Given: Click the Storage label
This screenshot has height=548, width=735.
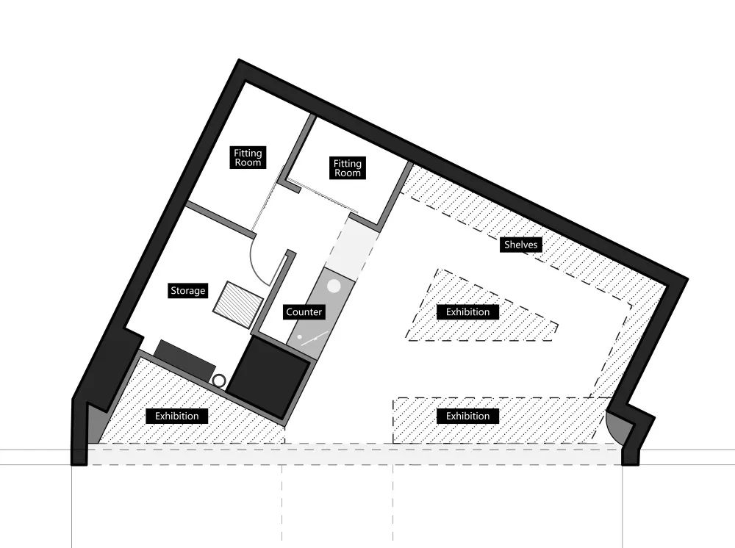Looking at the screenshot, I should [x=187, y=291].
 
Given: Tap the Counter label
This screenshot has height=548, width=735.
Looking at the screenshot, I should [x=304, y=312].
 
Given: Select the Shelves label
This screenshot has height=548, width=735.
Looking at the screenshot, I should [x=521, y=245].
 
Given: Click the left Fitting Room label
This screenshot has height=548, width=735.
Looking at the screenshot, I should [x=248, y=158].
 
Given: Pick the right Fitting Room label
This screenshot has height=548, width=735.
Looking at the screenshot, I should [x=348, y=168].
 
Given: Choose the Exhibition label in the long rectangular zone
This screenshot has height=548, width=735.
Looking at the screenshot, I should [x=467, y=417].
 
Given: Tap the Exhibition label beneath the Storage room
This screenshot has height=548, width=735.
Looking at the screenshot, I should [x=176, y=417].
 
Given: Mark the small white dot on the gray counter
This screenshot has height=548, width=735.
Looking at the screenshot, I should [x=301, y=338].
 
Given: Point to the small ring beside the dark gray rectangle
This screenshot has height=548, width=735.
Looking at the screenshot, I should [x=220, y=381].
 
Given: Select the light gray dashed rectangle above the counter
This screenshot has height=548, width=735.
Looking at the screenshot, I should [x=351, y=244].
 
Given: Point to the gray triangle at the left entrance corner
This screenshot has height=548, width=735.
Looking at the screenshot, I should [x=95, y=427].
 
